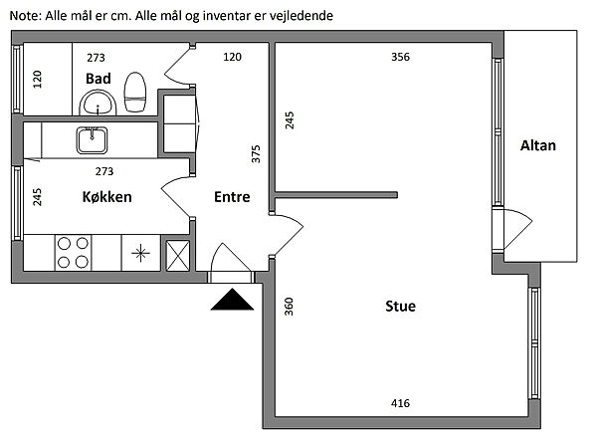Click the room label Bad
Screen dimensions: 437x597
pyautogui.click(x=97, y=78)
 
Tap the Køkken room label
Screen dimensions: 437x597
pyautogui.click(x=107, y=196)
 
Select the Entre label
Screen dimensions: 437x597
pyautogui.click(x=232, y=196)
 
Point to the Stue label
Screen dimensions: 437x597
pyautogui.click(x=400, y=306)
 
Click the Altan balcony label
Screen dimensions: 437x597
pyautogui.click(x=538, y=145)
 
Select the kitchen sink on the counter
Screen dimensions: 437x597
pyautogui.click(x=94, y=138)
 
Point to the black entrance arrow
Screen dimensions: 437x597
pyautogui.click(x=232, y=299)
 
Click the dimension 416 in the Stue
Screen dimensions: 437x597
pyautogui.click(x=400, y=403)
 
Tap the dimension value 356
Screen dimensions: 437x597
pyautogui.click(x=400, y=57)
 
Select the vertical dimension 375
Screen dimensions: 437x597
pyautogui.click(x=256, y=154)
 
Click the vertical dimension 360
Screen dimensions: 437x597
pyautogui.click(x=289, y=307)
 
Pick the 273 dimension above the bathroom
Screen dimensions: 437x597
pyautogui.click(x=96, y=57)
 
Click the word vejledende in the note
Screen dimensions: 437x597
pyautogui.click(x=298, y=17)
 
